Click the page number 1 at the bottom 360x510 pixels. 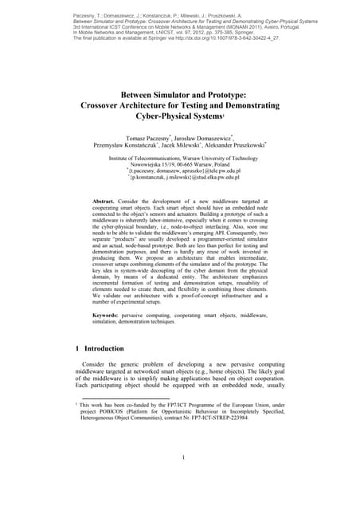point(183,457)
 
